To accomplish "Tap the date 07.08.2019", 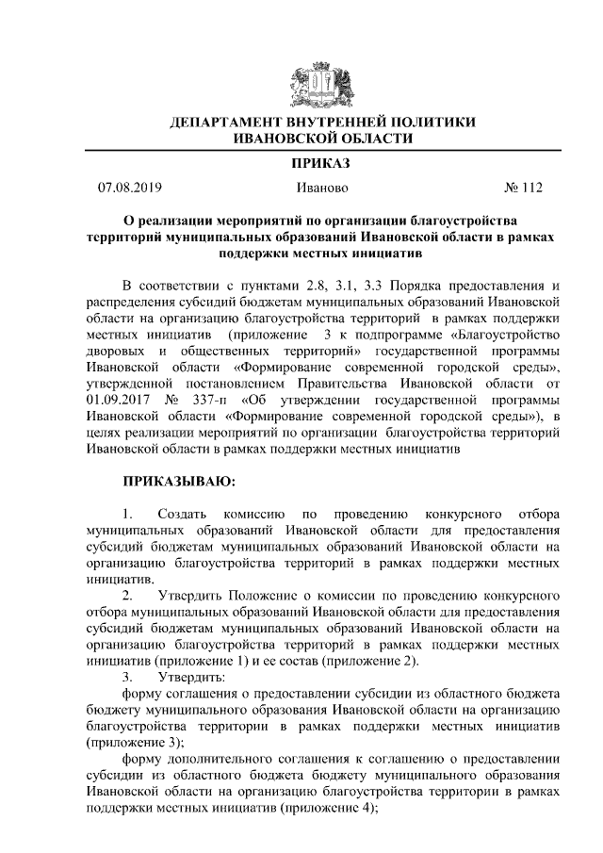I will (130, 189).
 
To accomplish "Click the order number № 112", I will (525, 189).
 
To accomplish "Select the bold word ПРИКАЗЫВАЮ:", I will (180, 481).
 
